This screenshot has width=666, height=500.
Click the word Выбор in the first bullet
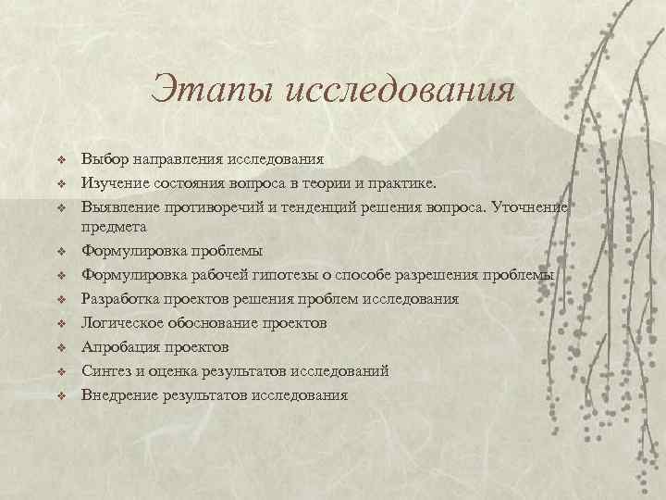pyautogui.click(x=103, y=159)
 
